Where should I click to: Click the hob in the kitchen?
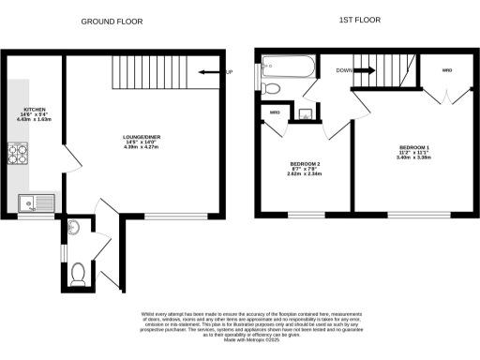click(x=19, y=153)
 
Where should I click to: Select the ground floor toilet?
click(x=80, y=274)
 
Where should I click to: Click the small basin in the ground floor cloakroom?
click(x=75, y=228)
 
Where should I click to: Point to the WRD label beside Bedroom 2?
click(x=275, y=113)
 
